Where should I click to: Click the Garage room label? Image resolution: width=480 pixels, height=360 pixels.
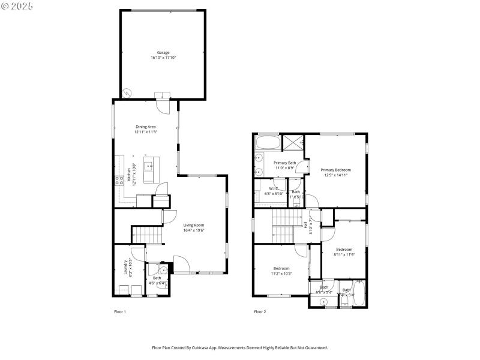pos(163,53)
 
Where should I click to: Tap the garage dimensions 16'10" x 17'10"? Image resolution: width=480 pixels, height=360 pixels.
pos(163,58)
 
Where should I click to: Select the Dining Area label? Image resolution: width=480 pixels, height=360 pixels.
pos(145,127)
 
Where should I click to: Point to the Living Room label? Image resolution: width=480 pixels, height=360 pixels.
pos(194,225)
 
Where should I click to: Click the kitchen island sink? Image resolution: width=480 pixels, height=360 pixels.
pos(148,163)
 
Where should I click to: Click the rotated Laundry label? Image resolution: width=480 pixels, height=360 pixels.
pos(125,266)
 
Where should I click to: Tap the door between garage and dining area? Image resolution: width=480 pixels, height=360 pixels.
pos(163,104)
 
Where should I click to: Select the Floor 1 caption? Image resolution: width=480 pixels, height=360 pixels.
pos(120,311)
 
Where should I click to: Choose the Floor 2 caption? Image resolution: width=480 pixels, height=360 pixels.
pos(260,311)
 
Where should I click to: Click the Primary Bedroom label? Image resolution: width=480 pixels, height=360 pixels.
pos(335,170)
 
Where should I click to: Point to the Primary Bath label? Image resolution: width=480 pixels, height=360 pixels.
pos(285,163)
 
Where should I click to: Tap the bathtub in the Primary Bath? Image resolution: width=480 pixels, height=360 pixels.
pos(268,143)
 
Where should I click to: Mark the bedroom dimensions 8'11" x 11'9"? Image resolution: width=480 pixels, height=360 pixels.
pos(344,254)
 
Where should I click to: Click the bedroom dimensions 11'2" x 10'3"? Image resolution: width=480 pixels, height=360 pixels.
pos(282,274)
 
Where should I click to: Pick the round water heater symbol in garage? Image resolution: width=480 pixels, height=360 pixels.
pos(127,93)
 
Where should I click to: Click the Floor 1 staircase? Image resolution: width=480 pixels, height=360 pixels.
pos(147,235)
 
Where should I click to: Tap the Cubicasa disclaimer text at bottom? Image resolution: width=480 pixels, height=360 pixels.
pos(240,347)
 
